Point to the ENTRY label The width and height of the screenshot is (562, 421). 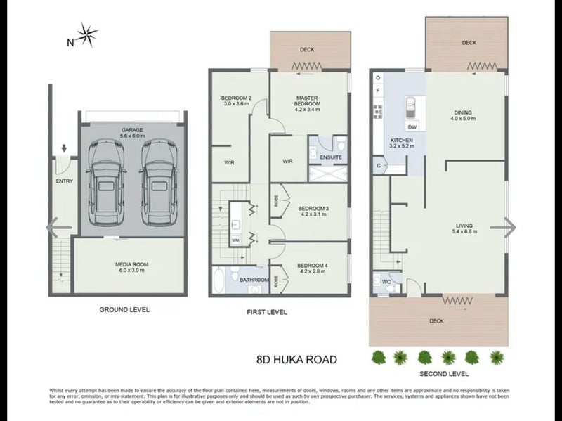[x=64, y=181]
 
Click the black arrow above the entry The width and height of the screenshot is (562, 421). [x=64, y=148]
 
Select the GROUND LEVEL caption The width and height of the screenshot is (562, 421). [x=124, y=309]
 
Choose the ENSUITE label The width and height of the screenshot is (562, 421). [x=331, y=157]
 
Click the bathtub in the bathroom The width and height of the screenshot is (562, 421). [x=218, y=281]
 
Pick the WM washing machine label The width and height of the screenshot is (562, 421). [x=235, y=240]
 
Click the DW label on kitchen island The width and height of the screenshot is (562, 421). [x=412, y=127]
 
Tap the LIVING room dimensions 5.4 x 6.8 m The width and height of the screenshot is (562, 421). [x=463, y=231]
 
